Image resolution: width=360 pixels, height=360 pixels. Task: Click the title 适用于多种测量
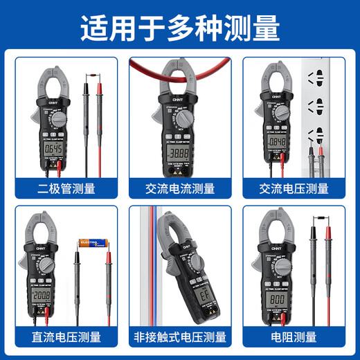[180, 28]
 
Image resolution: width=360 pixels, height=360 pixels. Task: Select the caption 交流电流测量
[179, 188]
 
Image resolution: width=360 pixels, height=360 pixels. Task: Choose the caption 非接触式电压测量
[179, 337]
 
